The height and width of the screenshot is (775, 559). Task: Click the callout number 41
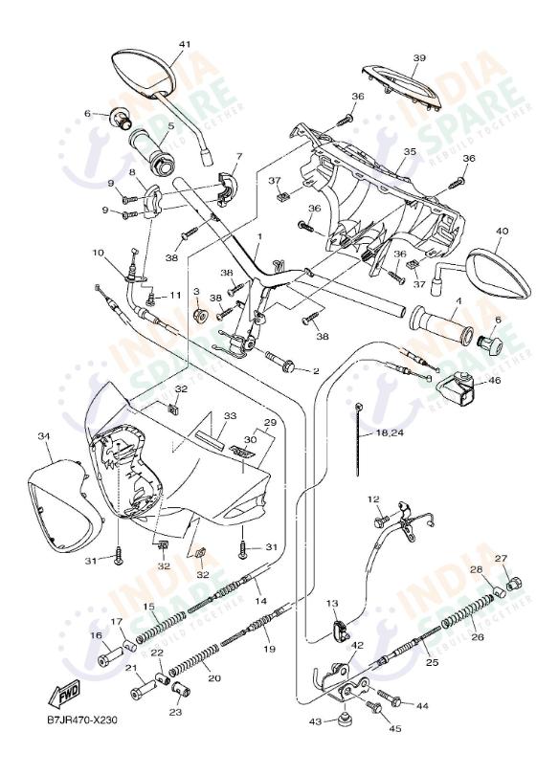[185, 44]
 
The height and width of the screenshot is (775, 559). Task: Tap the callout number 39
[418, 58]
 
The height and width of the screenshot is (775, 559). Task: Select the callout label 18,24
[390, 432]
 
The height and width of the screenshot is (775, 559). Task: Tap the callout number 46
[494, 380]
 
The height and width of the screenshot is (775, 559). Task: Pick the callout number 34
[44, 436]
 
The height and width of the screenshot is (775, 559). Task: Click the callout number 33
[229, 416]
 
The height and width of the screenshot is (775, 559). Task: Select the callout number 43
[316, 720]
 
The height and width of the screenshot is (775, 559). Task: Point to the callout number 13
[332, 603]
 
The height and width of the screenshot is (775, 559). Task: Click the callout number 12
[373, 499]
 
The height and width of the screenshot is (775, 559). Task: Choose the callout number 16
[96, 635]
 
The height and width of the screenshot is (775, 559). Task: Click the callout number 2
[315, 370]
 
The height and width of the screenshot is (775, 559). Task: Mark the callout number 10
[98, 253]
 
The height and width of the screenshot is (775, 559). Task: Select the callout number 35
[409, 152]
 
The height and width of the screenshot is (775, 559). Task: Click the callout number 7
[238, 156]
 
